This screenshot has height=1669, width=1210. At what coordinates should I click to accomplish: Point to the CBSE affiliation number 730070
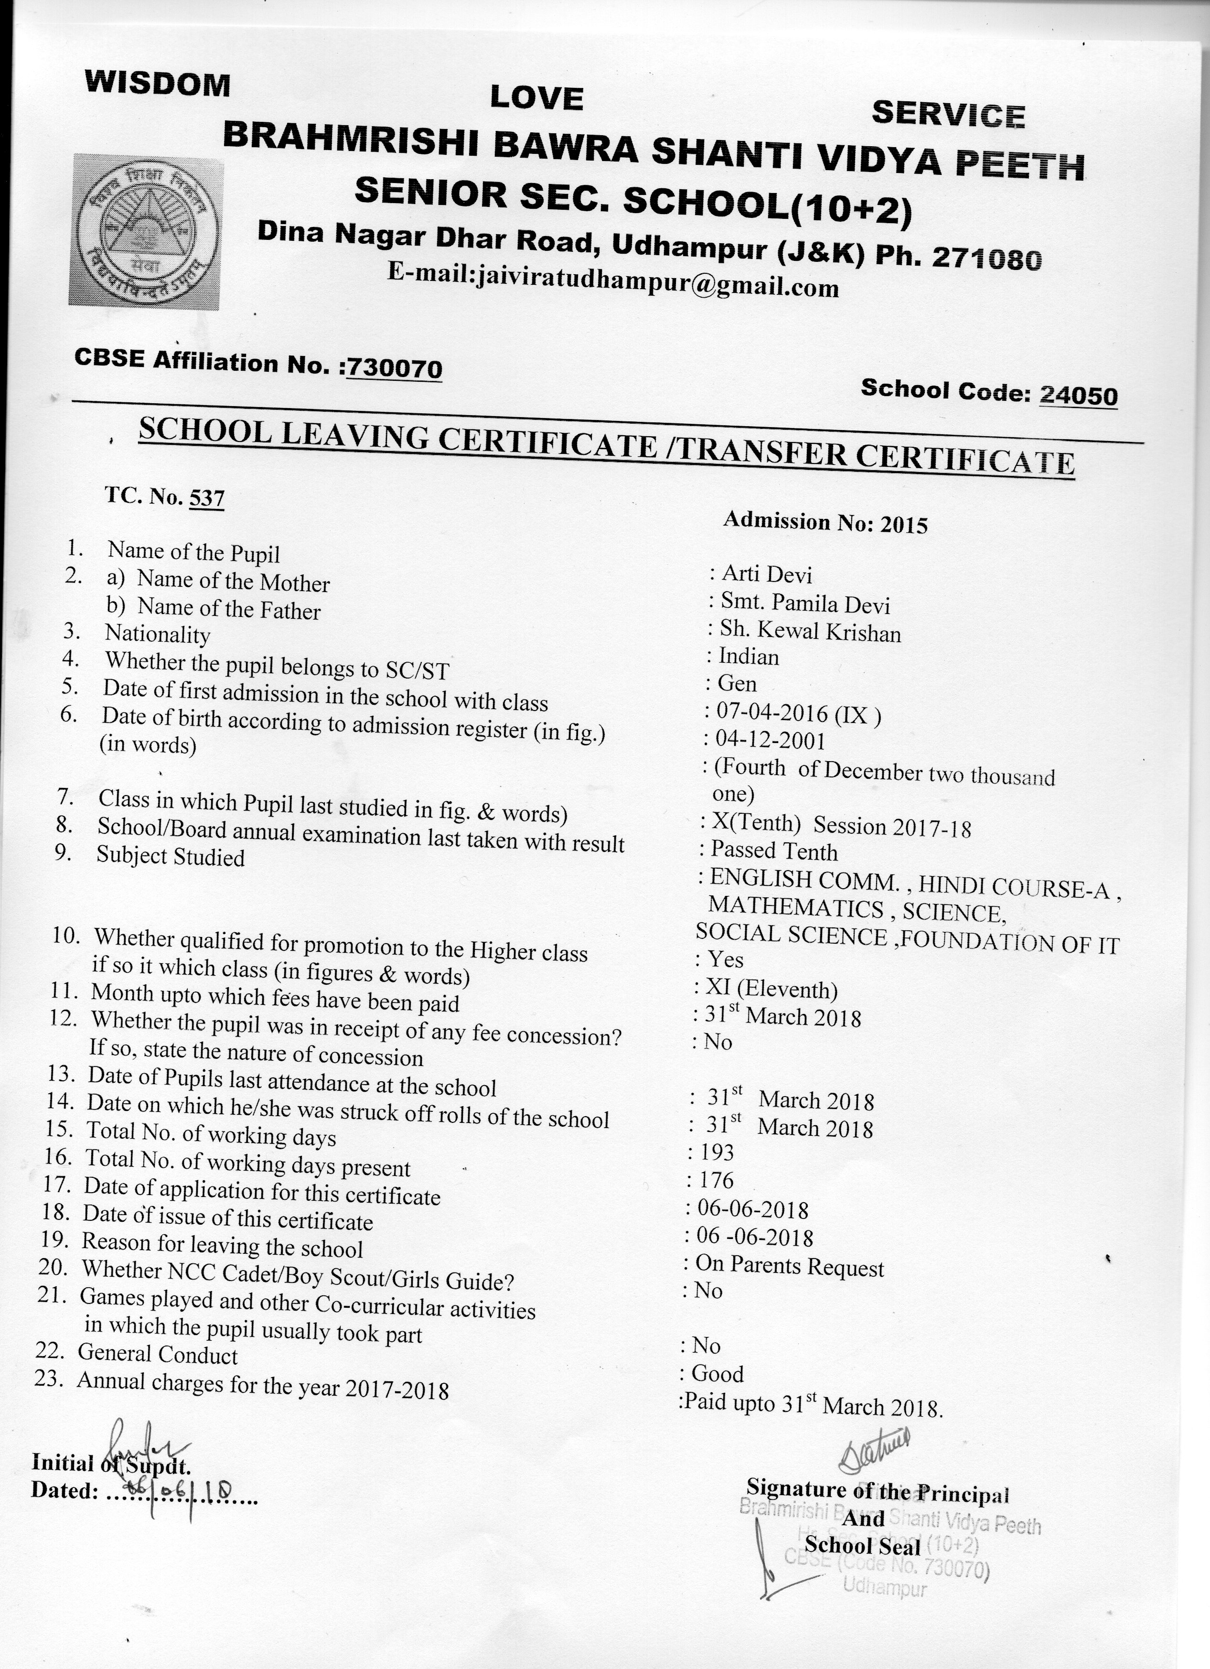pos(394,367)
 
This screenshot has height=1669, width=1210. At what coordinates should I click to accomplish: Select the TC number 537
pos(207,498)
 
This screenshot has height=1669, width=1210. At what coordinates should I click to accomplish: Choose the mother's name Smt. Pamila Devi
pos(805,604)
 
